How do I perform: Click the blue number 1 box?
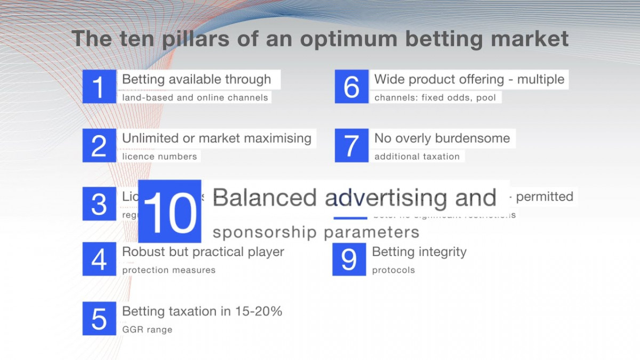coord(99,86)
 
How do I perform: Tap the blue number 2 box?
coord(99,145)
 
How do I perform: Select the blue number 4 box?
coord(99,259)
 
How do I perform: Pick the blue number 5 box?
coord(99,318)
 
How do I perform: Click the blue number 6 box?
coord(351,86)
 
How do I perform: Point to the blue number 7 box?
coord(351,145)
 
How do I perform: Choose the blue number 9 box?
coord(349,259)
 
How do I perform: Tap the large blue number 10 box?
coord(170,211)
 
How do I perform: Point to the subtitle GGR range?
coord(147,330)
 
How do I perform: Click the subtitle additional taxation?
coord(417,157)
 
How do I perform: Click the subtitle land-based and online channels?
coord(195,98)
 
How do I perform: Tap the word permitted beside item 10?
coord(545,196)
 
